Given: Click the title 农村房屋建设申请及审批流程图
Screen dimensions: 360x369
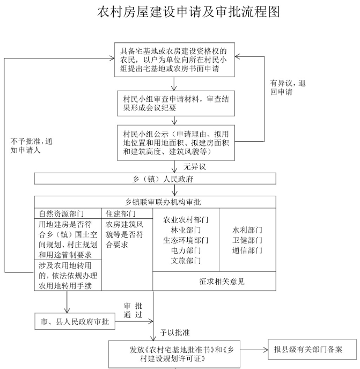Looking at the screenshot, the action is point(189,12).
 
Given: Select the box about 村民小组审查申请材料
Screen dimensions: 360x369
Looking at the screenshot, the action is point(176,104).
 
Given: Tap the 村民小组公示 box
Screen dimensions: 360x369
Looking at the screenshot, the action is point(176,143).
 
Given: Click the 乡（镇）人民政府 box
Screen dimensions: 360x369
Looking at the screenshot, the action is point(155,179).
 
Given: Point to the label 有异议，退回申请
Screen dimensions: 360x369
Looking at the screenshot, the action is point(288,87).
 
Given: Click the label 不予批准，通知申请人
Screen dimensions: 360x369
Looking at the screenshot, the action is point(31,146).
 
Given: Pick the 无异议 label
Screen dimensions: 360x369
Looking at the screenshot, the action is point(195,167).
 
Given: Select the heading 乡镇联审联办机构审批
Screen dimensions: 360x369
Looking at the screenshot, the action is point(163,202).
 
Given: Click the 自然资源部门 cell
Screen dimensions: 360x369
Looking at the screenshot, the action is point(68,213).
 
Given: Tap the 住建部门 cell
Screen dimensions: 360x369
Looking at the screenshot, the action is point(127,213).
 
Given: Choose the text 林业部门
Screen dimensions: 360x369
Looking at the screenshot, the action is point(186,230).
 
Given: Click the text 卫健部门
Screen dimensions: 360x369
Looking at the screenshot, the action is point(247,240).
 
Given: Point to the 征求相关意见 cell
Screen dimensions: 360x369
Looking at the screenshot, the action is point(222,281).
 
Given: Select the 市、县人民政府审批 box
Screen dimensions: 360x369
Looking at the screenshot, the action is point(75,321).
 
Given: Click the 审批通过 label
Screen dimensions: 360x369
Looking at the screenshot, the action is point(133,310).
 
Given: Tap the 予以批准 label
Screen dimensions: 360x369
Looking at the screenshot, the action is point(175,333).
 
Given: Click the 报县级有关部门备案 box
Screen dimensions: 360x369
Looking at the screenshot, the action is point(312,350).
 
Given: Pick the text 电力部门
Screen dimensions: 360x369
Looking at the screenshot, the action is point(186,250).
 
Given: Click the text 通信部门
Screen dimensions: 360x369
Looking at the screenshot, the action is point(247,250).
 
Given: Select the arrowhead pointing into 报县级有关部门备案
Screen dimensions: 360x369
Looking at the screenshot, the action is point(266,350).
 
